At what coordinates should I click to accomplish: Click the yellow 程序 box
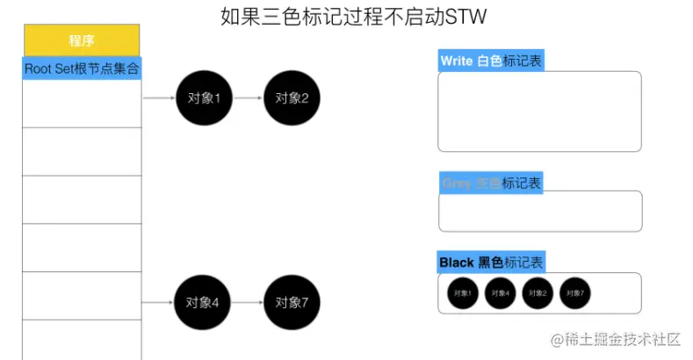[82, 40]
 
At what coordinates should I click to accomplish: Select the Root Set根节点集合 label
[82, 68]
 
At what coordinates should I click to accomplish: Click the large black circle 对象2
[292, 98]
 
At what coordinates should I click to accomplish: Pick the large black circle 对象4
[202, 303]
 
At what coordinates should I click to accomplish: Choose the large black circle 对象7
[292, 303]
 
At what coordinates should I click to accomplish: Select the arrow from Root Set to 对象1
[159, 98]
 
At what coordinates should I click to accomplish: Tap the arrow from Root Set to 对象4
[158, 303]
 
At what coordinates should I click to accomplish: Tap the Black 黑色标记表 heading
[492, 263]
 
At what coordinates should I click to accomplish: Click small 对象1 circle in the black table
[461, 293]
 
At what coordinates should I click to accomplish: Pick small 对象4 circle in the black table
[499, 293]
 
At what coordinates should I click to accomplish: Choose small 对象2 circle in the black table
[537, 293]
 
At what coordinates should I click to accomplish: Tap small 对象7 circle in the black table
[575, 293]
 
